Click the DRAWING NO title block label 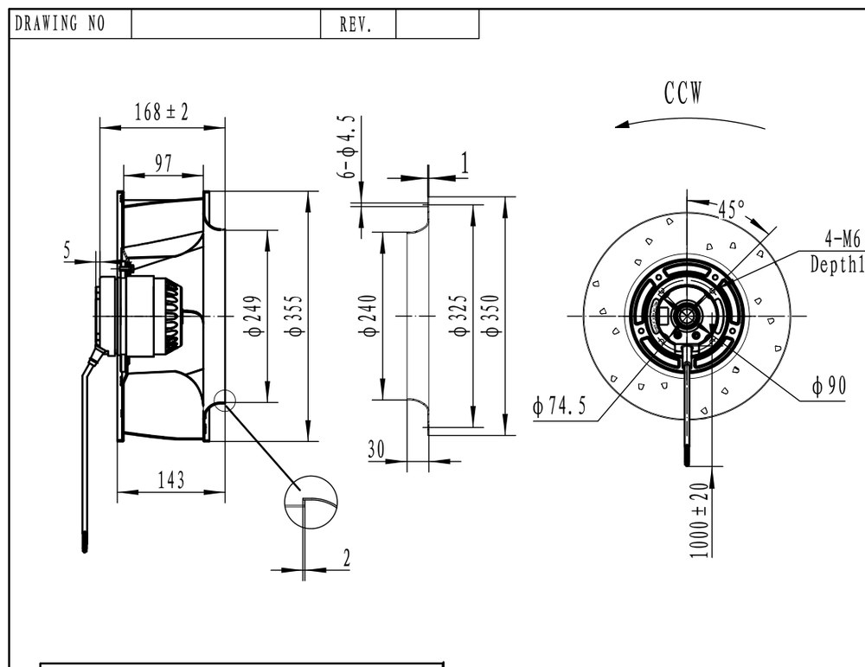(x=60, y=23)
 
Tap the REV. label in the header (x=356, y=25)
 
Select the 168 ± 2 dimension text (x=162, y=112)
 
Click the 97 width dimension (x=163, y=164)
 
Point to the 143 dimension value (x=171, y=480)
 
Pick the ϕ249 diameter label (x=255, y=316)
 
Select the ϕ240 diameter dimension (x=369, y=316)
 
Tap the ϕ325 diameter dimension (x=460, y=316)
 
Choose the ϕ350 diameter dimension (x=491, y=316)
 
